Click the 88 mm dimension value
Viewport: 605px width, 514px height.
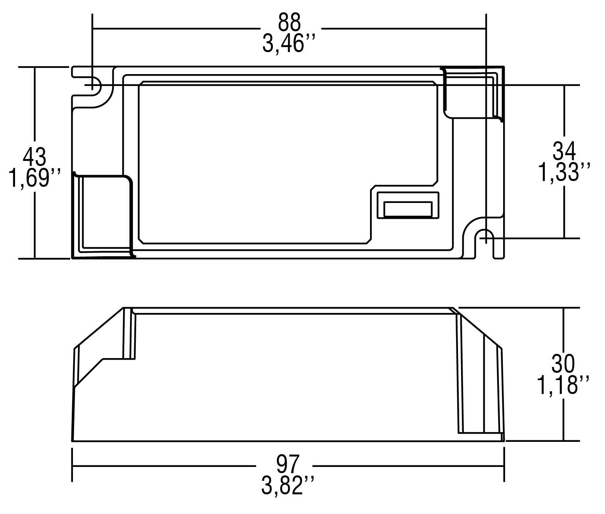click(x=289, y=22)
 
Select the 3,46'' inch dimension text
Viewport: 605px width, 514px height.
click(x=289, y=43)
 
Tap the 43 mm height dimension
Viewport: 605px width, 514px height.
click(x=34, y=157)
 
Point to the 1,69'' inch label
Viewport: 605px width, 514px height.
click(x=35, y=178)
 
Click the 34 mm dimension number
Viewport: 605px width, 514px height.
click(x=564, y=151)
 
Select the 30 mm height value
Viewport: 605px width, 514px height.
click(x=563, y=364)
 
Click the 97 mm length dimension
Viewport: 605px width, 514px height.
click(x=288, y=464)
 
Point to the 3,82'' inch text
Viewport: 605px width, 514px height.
click(x=288, y=485)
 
